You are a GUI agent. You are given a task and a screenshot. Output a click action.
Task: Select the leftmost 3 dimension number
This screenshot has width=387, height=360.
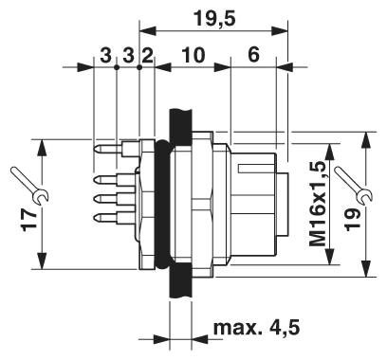point(105,56)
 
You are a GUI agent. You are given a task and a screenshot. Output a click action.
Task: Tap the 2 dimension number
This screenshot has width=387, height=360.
point(146,56)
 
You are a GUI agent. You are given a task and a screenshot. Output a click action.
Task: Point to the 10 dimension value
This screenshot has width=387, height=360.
point(193,56)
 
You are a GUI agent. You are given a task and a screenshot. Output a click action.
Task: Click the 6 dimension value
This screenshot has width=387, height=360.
point(253,56)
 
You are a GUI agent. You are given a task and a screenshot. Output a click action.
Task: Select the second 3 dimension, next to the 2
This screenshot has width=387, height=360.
point(127,56)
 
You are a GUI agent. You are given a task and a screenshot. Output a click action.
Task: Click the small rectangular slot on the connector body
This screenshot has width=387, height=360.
point(256,170)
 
